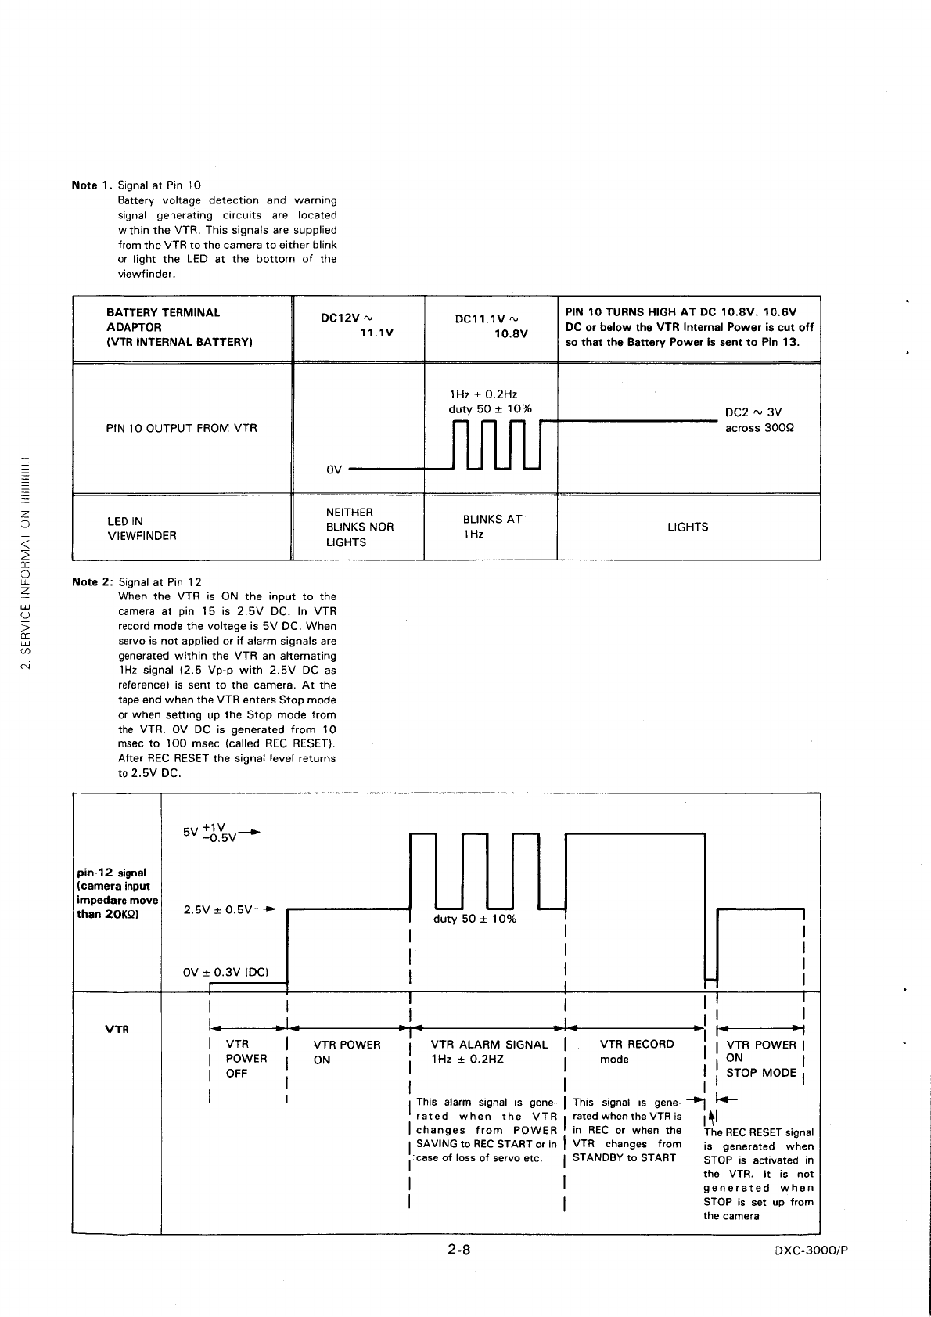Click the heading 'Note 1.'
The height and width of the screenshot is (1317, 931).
tap(92, 185)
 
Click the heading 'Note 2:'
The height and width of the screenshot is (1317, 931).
tap(92, 582)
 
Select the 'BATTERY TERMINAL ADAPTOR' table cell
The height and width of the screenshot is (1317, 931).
tap(163, 327)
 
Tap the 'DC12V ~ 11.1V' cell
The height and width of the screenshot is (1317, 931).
tap(358, 326)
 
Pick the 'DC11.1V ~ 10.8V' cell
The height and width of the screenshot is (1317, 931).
tap(491, 326)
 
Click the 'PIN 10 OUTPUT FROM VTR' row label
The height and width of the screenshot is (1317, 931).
tap(182, 428)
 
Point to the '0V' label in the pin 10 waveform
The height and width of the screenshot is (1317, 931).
tap(334, 470)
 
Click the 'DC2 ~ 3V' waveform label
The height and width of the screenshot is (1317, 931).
tap(753, 413)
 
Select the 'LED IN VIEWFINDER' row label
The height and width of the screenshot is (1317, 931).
tap(142, 528)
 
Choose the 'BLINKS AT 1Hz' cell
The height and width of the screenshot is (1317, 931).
tap(492, 527)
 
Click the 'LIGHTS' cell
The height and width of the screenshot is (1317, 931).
tap(688, 527)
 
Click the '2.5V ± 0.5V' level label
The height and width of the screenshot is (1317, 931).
tap(217, 909)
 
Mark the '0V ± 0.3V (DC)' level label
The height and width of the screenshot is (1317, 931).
tap(225, 972)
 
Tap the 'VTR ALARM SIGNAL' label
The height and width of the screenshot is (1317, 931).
tap(489, 1045)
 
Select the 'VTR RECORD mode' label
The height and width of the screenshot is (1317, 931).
tap(636, 1052)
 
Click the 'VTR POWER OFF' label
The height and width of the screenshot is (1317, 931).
tap(246, 1059)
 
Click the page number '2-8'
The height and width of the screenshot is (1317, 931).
tap(458, 1250)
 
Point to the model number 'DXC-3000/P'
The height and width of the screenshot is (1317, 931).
tap(810, 1250)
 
